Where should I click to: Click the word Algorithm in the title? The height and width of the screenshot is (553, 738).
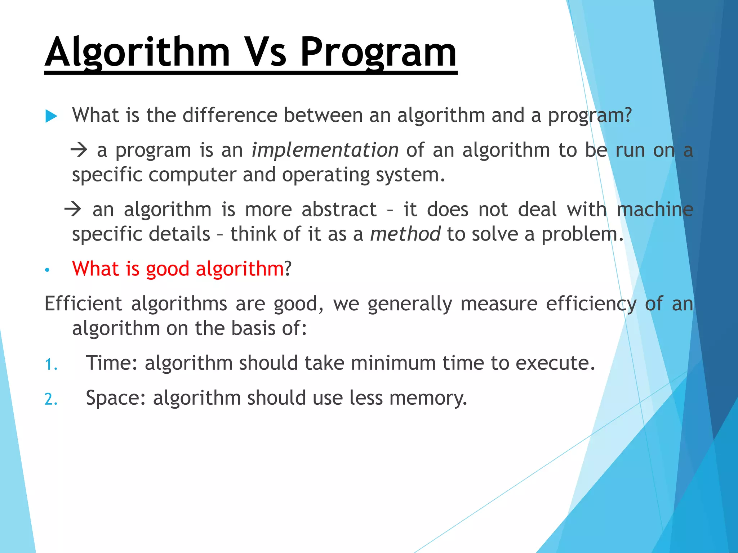tap(137, 53)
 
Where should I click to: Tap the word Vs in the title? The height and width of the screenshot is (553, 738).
tap(265, 53)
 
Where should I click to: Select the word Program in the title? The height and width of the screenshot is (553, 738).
tap(378, 53)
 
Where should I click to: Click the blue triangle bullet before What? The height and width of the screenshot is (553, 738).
tap(51, 116)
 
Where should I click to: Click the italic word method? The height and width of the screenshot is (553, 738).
tap(405, 234)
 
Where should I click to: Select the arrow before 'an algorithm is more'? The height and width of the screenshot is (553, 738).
tap(73, 209)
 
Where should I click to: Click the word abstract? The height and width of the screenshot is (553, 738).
tap(339, 210)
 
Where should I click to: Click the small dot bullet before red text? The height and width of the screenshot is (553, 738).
tap(47, 270)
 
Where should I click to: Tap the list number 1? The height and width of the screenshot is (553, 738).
tap(51, 364)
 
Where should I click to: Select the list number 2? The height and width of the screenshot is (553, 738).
tap(51, 399)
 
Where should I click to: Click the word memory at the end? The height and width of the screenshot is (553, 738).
tap(428, 398)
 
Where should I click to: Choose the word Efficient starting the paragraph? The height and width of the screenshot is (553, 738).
tap(83, 304)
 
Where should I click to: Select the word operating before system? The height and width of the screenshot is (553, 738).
tap(326, 175)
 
